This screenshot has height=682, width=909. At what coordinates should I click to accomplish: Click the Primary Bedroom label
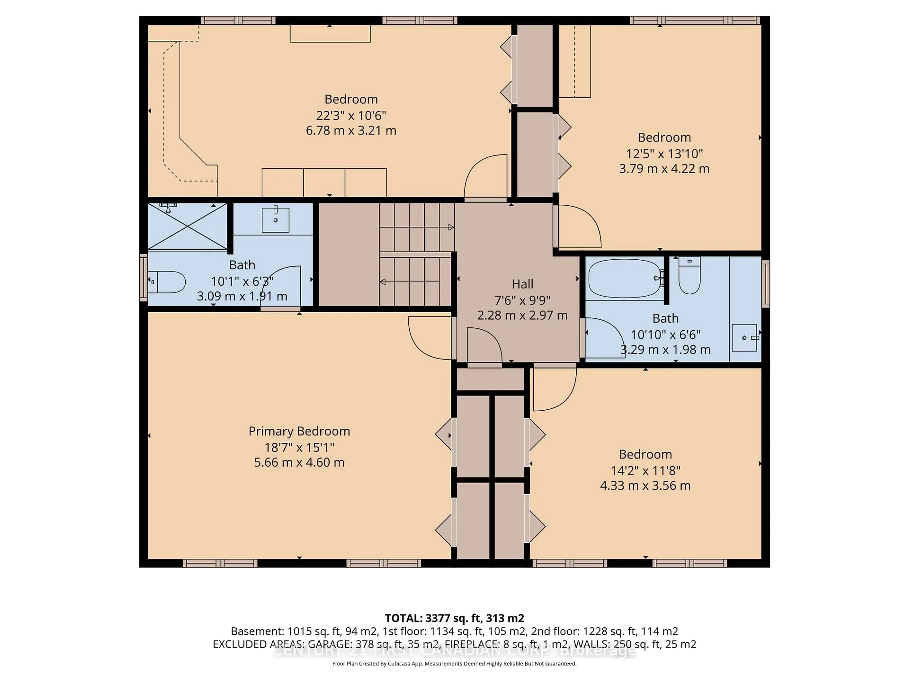[299, 431]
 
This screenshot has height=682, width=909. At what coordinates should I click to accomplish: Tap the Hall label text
[522, 284]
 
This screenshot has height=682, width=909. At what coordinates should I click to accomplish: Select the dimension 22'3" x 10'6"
[351, 115]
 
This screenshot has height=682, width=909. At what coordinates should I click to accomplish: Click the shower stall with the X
[187, 227]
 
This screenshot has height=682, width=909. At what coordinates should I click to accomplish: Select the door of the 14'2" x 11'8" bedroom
[555, 389]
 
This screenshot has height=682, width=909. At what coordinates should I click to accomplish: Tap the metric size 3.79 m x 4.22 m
[664, 169]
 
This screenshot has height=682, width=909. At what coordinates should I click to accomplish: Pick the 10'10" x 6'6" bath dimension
[665, 335]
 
